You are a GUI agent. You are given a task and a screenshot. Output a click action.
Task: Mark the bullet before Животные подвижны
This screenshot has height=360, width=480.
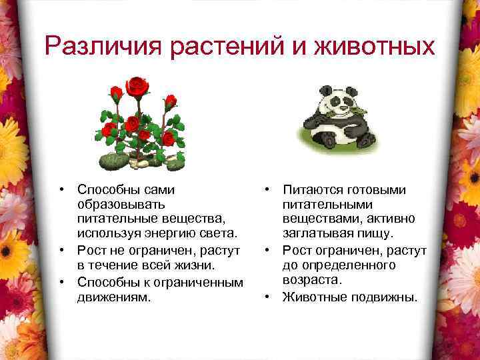pos(267,295)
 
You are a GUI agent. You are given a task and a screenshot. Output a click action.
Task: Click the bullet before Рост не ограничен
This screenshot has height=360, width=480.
pos(61,250)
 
